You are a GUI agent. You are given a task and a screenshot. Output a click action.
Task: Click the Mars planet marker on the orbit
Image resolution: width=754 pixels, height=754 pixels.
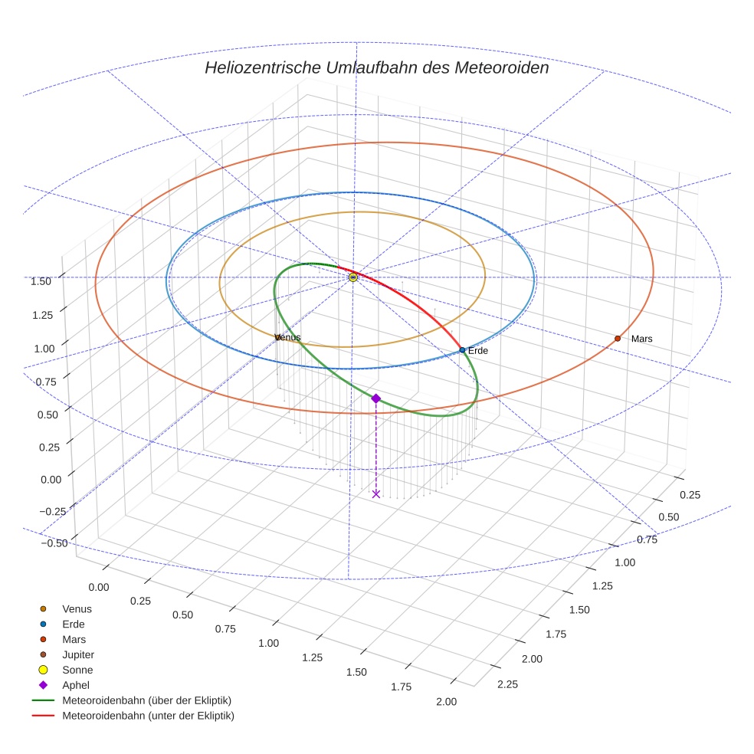pos(618,338)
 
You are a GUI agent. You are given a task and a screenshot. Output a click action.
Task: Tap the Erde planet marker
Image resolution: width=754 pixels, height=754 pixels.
pos(462,350)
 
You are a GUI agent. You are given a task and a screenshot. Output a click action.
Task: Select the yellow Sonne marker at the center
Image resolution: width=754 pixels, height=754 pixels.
pos(353,277)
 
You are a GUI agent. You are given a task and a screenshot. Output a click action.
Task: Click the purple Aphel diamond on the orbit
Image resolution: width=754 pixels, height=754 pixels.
pos(375,398)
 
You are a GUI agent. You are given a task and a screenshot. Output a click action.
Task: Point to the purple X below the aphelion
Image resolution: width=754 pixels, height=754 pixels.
pos(375,494)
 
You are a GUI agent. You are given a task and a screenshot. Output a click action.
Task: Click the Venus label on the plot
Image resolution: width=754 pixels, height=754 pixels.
pos(287,337)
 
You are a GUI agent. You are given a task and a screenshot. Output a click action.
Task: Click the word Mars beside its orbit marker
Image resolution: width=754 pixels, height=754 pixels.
pos(642,339)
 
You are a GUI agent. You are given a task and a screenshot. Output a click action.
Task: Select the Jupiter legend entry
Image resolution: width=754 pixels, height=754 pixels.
pos(77,654)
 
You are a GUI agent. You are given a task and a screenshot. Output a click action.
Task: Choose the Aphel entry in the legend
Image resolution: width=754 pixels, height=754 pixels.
pos(75,685)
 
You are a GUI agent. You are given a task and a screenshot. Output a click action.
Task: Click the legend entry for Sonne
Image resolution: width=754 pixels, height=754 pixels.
pos(77,670)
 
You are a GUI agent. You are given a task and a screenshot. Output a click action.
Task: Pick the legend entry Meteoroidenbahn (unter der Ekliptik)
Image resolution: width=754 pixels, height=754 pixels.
pos(148,716)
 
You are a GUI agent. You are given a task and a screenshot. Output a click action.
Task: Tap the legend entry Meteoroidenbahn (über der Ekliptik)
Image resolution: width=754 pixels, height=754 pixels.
pos(146,700)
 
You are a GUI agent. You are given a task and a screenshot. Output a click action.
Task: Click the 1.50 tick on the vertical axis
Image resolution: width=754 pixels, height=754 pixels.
pos(41,281)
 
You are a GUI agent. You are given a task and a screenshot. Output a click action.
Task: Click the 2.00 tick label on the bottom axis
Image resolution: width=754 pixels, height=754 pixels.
pos(446,702)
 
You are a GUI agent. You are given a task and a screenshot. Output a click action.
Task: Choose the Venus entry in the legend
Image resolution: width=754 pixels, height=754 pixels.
pos(77,608)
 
